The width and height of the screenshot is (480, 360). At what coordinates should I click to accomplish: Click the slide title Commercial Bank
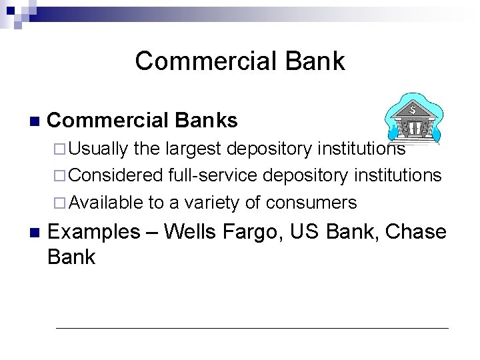click(x=239, y=61)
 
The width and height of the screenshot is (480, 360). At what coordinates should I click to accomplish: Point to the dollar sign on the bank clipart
click(x=413, y=107)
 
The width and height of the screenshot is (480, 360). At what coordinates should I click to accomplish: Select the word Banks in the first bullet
click(x=207, y=120)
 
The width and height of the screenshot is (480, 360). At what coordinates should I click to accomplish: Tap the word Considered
click(x=115, y=175)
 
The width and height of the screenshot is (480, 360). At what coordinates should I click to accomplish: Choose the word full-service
click(x=215, y=175)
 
